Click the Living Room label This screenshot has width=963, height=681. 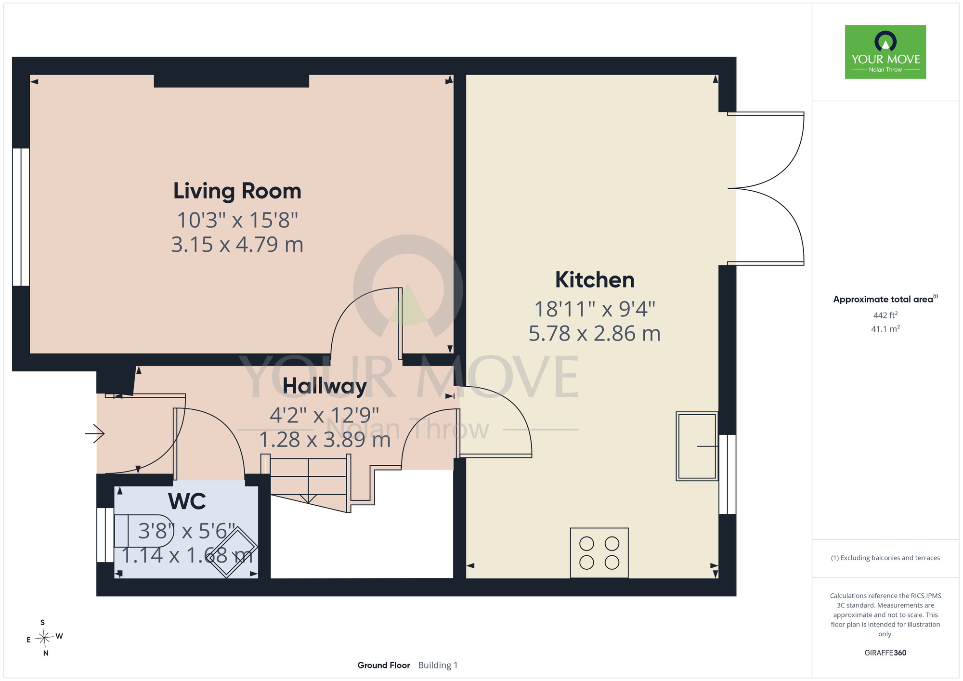237,191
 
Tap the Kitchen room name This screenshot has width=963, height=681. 595,280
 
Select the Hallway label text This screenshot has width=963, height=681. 325,386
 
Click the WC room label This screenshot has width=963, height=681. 187,501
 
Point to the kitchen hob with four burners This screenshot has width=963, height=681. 599,553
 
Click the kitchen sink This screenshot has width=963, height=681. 697,446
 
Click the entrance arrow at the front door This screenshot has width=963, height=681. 95,433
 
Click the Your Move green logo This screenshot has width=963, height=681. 885,52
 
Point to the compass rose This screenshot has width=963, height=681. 44,638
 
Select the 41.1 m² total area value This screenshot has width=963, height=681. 885,328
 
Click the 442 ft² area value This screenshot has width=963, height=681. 885,315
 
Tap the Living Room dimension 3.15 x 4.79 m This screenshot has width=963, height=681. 237,245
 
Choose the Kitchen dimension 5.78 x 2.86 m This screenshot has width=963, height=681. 595,333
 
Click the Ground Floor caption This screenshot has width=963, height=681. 384,665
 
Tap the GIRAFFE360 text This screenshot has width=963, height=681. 885,653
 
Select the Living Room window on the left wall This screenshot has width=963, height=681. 21,217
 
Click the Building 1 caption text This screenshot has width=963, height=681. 438,665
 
